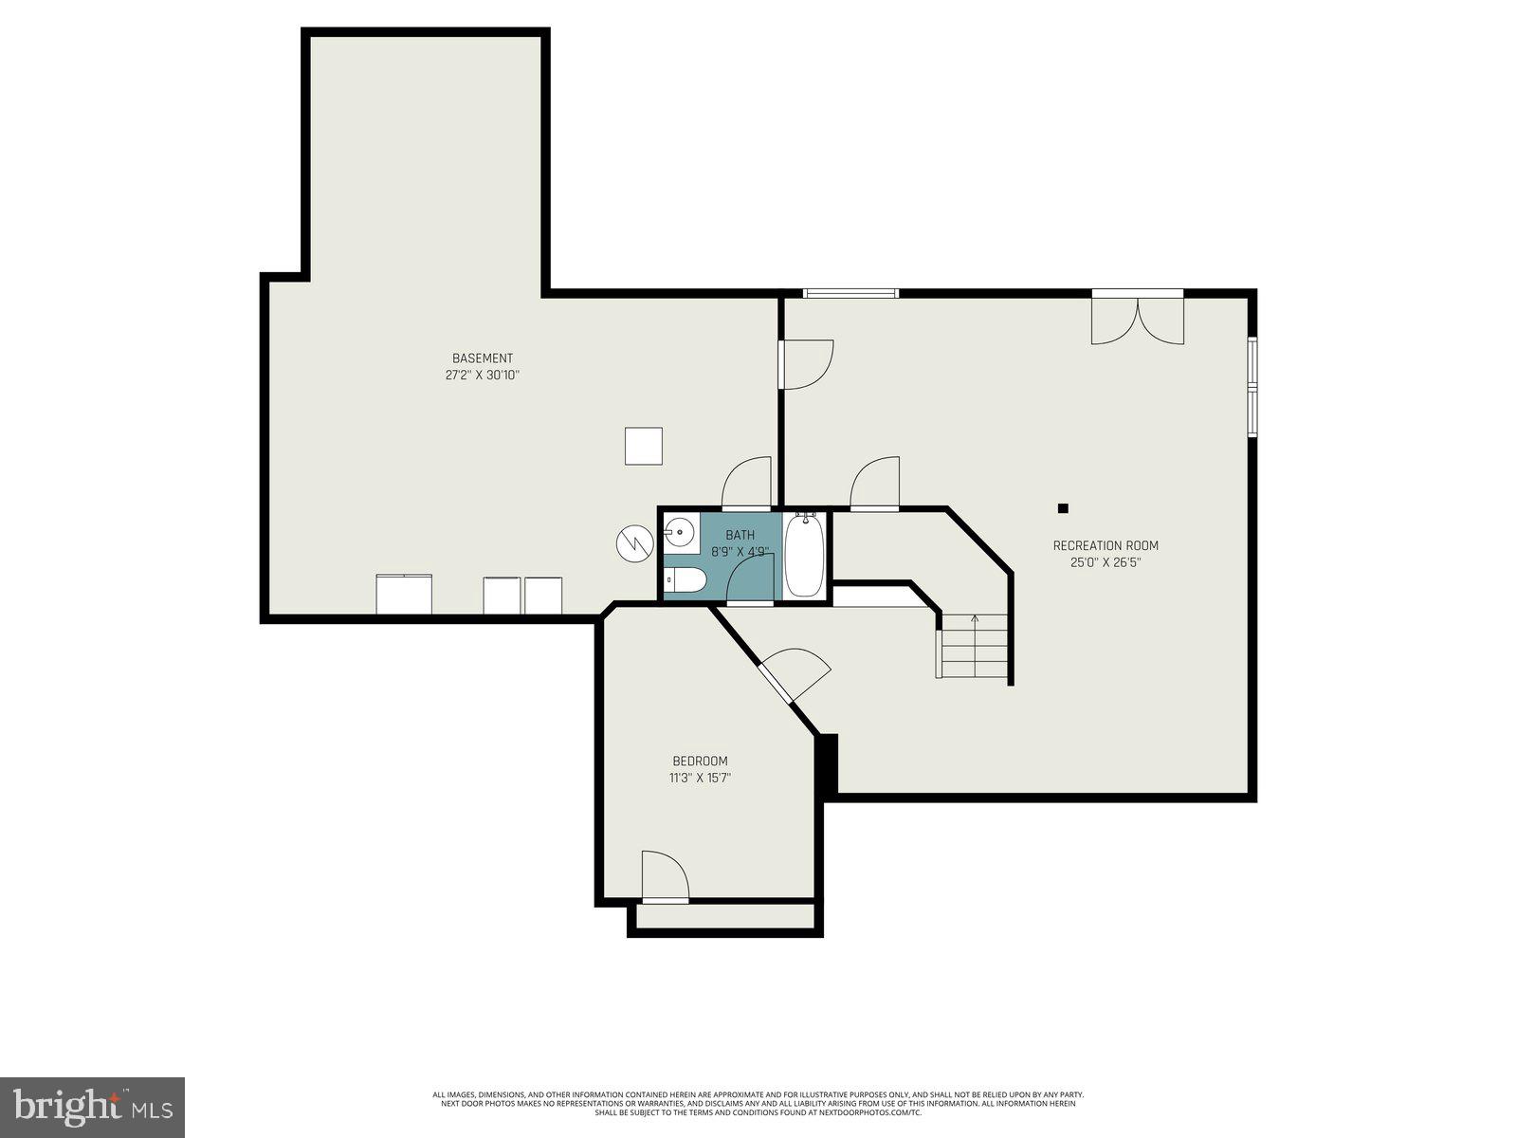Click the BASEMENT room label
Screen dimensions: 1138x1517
click(482, 358)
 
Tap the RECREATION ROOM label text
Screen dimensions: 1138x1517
click(1106, 545)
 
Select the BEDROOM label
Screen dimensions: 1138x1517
click(700, 761)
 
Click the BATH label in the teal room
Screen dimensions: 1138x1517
click(740, 535)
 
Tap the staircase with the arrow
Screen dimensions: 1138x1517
click(974, 646)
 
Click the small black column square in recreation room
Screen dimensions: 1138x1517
click(1063, 508)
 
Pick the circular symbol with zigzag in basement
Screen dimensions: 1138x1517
click(634, 542)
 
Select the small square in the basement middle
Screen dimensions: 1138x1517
click(644, 446)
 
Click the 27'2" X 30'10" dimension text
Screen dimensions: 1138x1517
click(482, 376)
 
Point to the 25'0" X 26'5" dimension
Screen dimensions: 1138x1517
click(1106, 562)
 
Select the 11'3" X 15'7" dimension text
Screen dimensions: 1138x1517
click(700, 778)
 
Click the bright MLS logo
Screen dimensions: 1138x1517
click(93, 1105)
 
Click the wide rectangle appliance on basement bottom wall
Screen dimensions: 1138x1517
click(404, 595)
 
